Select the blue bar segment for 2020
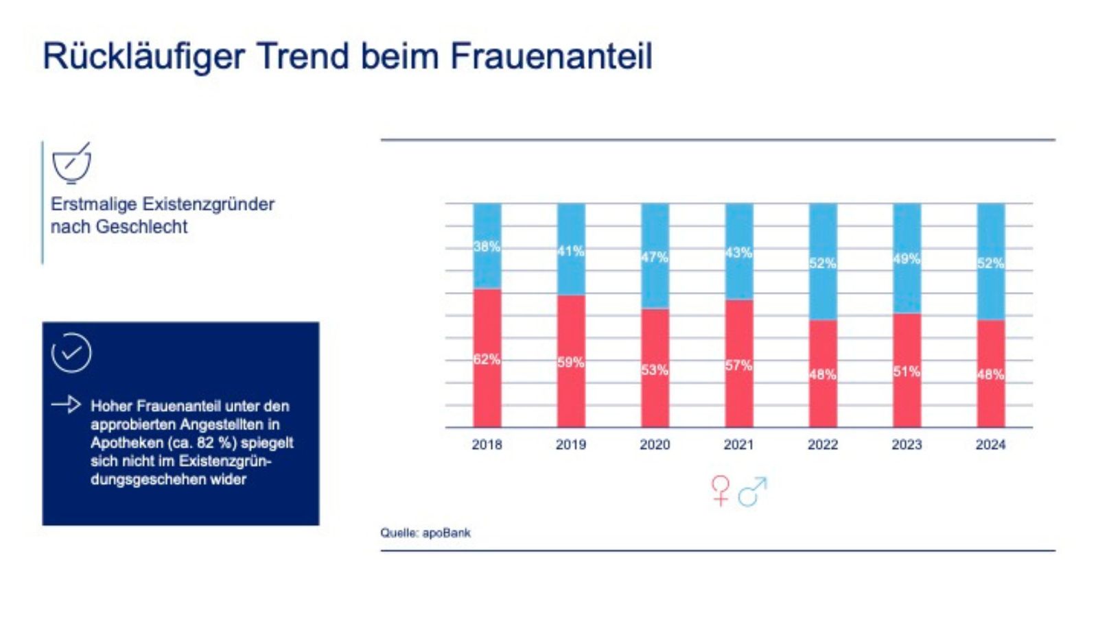655,226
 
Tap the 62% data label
487,359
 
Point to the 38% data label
487,247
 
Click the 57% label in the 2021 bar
738,365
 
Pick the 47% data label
655,257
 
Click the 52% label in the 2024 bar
990,263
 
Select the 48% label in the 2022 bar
822,374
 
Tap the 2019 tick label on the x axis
571,444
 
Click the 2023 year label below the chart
907,444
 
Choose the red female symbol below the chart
721,490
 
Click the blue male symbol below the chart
752,491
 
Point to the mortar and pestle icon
71,163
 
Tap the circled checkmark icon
71,353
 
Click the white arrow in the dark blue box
66,404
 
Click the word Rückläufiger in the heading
143,56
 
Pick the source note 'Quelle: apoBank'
425,533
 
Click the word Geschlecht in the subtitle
141,227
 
